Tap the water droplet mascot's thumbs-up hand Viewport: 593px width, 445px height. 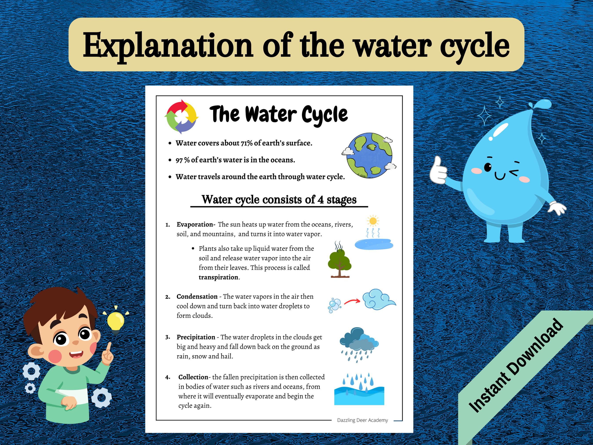click(x=438, y=171)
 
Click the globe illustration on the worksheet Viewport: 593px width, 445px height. click(x=369, y=156)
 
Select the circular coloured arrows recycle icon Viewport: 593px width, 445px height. click(x=181, y=117)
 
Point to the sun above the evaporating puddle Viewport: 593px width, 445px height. click(x=373, y=221)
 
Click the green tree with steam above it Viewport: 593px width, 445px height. click(x=339, y=263)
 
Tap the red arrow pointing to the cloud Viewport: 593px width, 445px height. click(x=352, y=302)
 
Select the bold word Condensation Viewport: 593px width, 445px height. click(x=197, y=297)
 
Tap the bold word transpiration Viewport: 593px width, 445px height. click(x=219, y=277)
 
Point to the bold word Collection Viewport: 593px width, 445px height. click(x=193, y=377)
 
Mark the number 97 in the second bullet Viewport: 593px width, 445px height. click(x=179, y=160)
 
